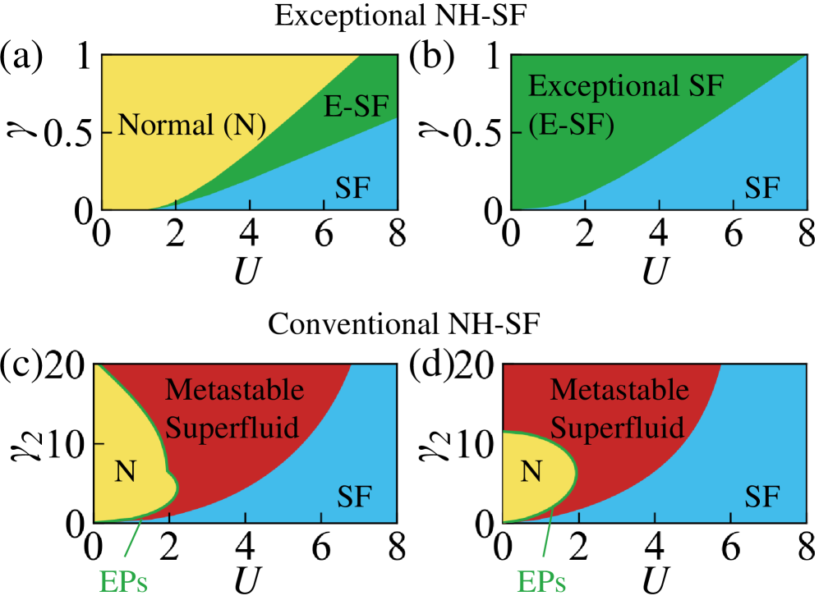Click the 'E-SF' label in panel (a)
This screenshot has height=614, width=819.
coord(355,105)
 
